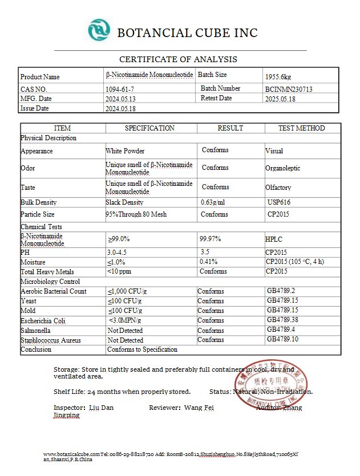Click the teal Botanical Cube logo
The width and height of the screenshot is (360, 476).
coord(100,30)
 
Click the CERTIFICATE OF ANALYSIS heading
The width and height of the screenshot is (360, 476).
coord(178,59)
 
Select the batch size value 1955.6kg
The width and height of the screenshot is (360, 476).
coord(278,77)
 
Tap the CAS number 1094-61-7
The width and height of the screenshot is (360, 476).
coord(120,89)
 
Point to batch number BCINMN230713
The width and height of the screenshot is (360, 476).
coord(288,89)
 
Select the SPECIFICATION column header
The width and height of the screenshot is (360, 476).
coord(149,128)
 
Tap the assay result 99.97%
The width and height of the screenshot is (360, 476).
coord(210,239)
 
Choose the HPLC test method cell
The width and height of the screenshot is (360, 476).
coord(273,239)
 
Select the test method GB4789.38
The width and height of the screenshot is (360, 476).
coord(282,320)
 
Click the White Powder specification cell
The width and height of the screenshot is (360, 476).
coord(125,152)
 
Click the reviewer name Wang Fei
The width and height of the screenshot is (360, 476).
coord(199,408)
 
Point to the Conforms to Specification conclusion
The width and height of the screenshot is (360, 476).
coord(143,349)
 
